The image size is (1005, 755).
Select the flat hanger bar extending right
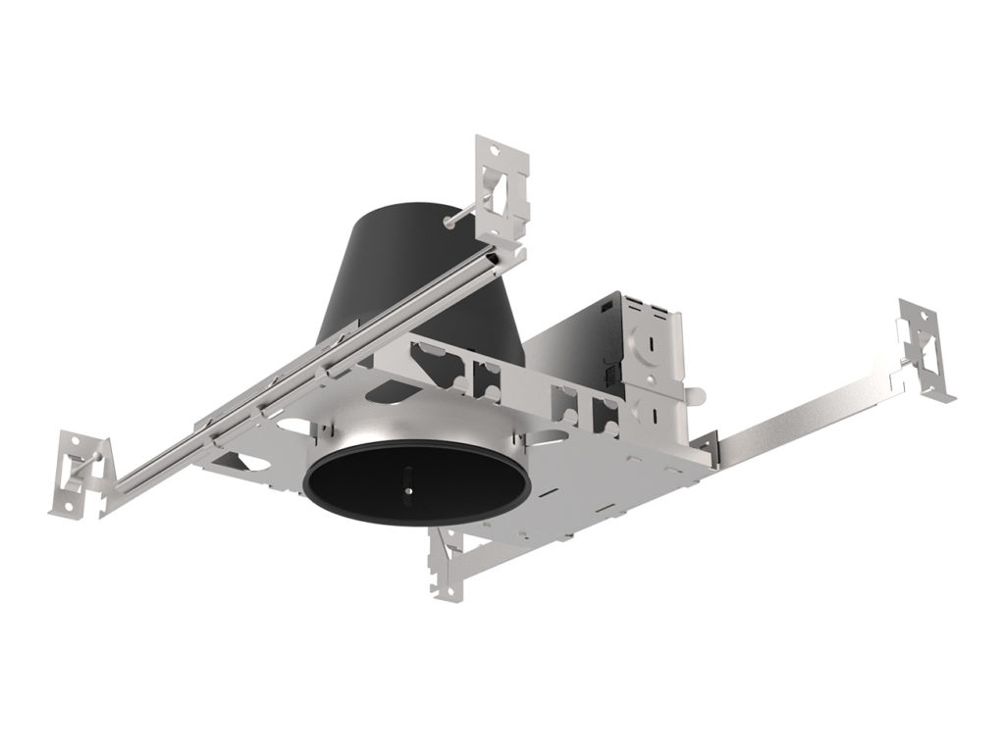coord(805,412)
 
